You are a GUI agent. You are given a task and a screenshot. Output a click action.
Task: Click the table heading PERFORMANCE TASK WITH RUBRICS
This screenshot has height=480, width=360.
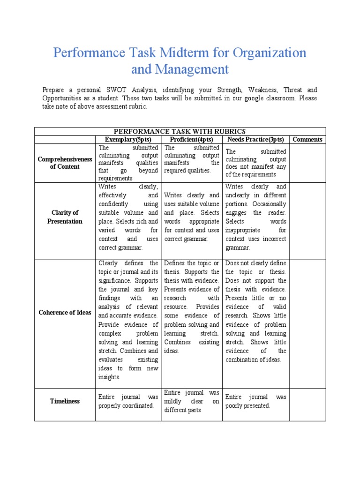(x=180, y=131)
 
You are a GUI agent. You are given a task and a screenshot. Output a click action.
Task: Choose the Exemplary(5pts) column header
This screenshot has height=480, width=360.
(x=128, y=139)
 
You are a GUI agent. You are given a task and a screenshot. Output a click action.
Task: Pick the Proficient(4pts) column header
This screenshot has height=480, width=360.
(x=191, y=139)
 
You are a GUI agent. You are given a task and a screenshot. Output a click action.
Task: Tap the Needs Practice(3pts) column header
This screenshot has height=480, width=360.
(x=255, y=139)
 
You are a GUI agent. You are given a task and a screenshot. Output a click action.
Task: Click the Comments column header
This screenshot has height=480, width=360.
(x=307, y=139)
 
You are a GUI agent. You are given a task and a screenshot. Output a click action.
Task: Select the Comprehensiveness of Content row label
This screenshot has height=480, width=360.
(x=65, y=163)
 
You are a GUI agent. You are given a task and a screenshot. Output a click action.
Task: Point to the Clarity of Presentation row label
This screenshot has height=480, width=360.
(x=65, y=217)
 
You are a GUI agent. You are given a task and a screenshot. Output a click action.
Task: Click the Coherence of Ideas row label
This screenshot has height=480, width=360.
(x=65, y=313)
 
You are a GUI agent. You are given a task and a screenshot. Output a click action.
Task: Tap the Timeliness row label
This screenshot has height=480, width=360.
(x=65, y=401)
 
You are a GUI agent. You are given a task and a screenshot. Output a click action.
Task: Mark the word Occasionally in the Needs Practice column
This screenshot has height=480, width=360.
(x=270, y=204)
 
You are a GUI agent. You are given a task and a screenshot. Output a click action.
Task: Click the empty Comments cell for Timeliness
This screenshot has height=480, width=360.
(x=307, y=401)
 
